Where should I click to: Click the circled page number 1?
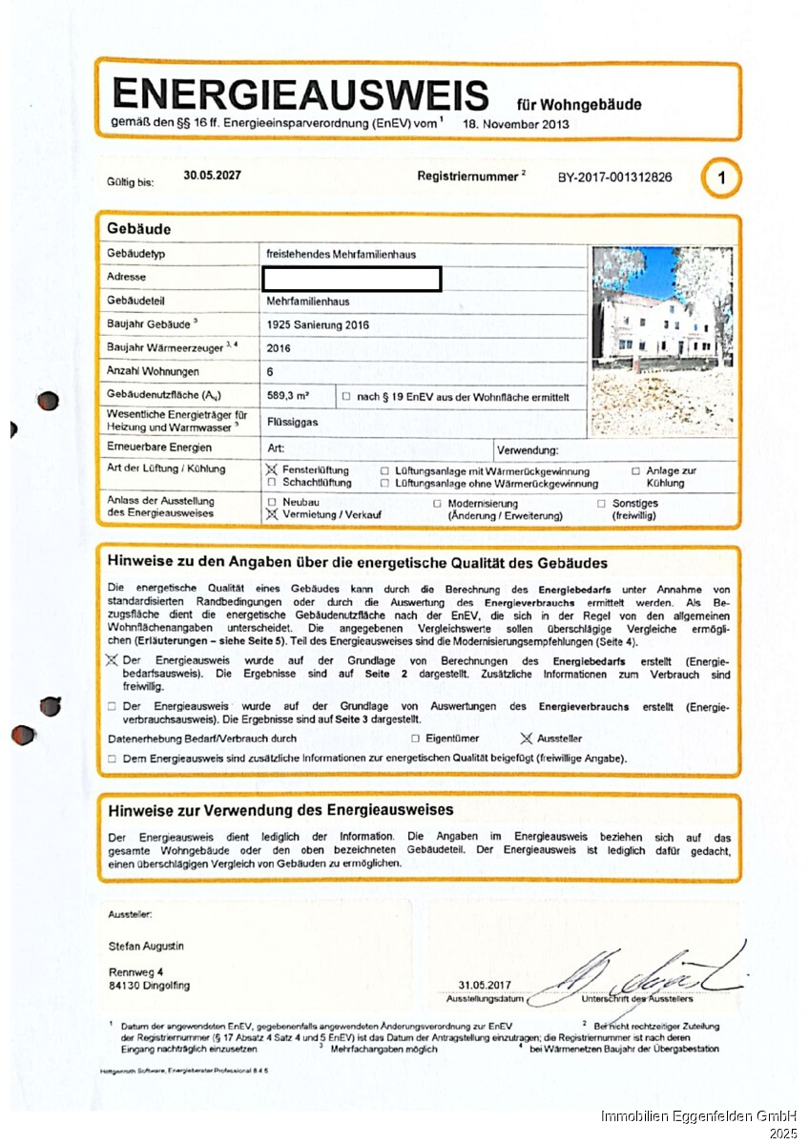pos(721,178)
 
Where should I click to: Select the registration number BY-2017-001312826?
pos(614,177)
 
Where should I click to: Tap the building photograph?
pos(662,341)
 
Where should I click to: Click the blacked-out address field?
pos(351,279)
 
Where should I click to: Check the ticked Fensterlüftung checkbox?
pos(272,470)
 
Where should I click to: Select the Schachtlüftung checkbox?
pos(272,483)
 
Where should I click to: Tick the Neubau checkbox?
pos(272,502)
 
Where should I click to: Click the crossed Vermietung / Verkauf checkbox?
pos(272,514)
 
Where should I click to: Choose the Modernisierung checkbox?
pos(437,503)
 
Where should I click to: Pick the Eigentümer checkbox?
pos(415,739)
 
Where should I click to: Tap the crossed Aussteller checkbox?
pos(525,738)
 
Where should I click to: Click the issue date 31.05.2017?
pos(485,985)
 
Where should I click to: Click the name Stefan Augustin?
pos(146,946)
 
